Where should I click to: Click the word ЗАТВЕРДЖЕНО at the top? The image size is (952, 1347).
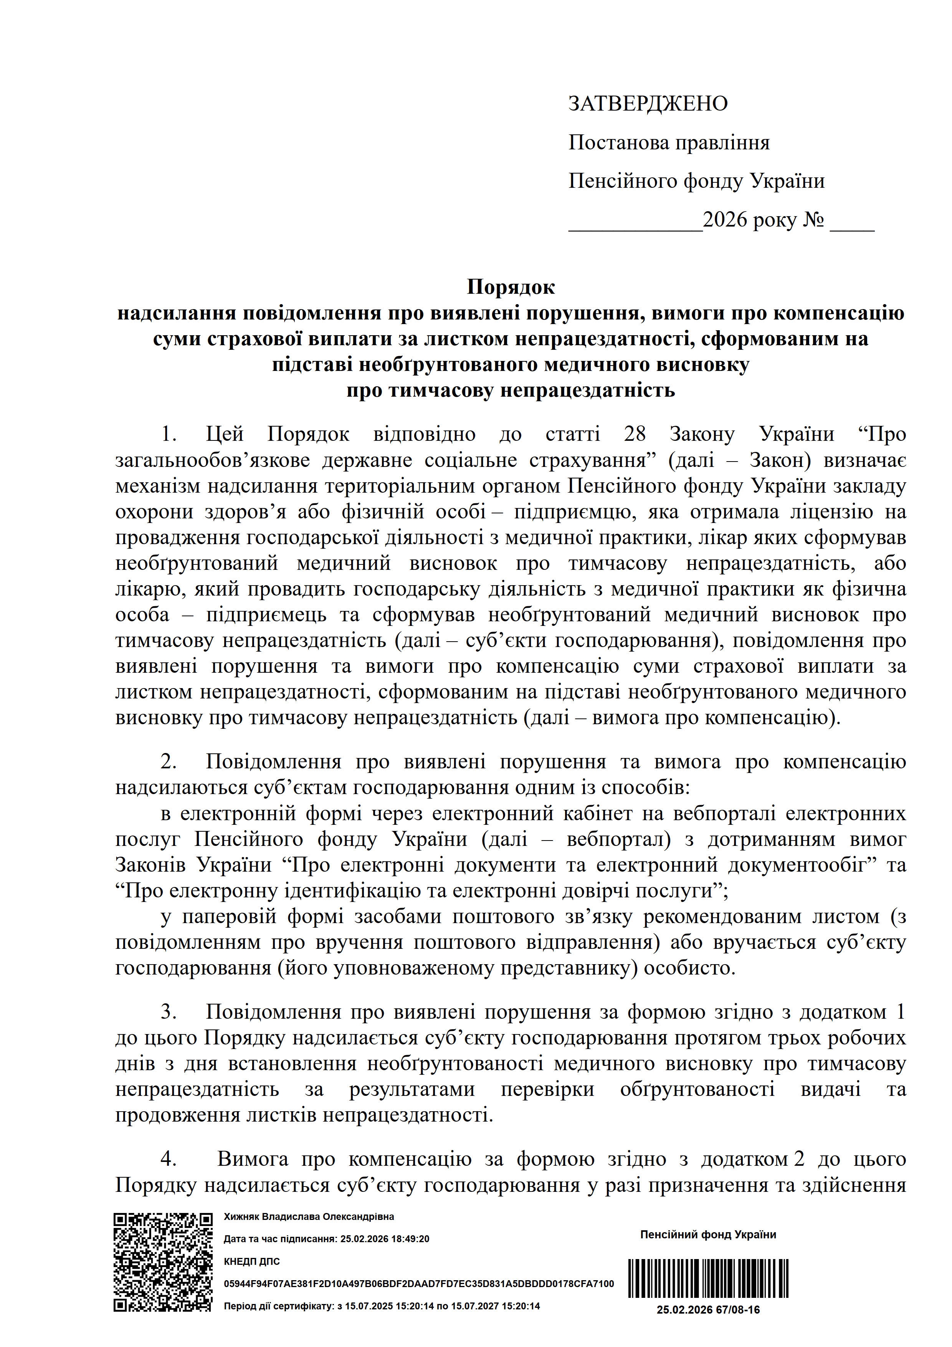coord(648,104)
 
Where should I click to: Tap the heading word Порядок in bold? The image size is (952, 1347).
coord(510,288)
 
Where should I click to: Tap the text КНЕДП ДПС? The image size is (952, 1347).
coord(252,1261)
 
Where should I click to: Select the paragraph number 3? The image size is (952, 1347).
coord(169,1013)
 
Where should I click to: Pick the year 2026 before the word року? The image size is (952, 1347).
coord(725,220)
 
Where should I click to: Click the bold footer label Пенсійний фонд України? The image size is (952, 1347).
coord(708,1234)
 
